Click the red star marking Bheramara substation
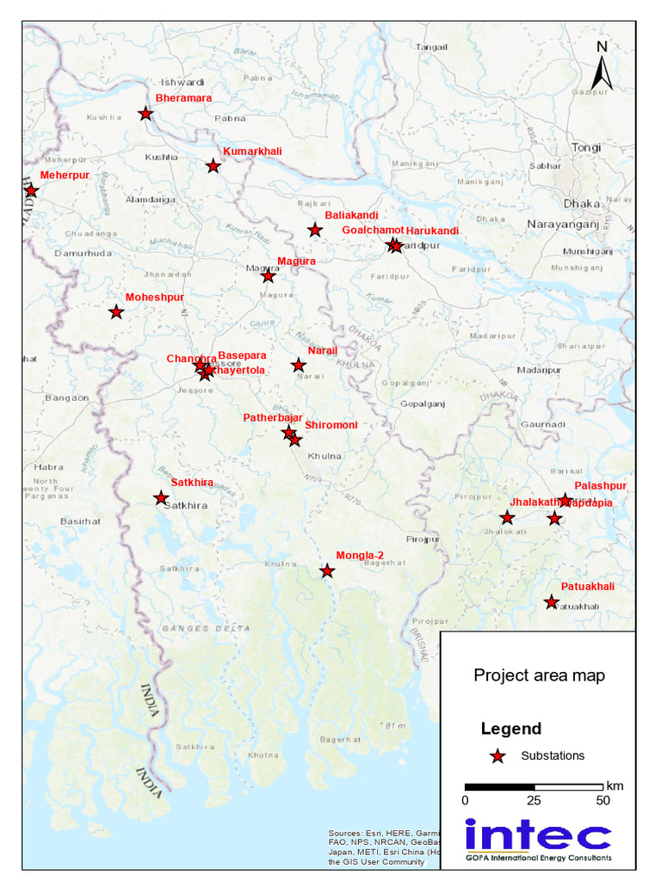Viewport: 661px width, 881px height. [145, 114]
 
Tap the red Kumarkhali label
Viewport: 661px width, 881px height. [252, 151]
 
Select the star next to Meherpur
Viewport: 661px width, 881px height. [31, 190]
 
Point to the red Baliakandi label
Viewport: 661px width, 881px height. [351, 215]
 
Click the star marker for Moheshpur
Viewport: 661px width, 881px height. [116, 312]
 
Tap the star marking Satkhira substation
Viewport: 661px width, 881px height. [161, 498]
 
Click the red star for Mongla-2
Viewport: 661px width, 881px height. [327, 571]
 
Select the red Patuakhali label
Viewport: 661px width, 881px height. [588, 587]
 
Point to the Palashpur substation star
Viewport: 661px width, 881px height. [565, 501]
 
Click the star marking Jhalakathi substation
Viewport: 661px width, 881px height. [507, 518]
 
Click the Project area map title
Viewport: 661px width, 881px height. [539, 675]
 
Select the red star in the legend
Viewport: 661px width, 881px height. [497, 756]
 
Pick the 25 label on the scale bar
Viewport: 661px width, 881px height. [534, 801]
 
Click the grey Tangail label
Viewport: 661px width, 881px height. [431, 47]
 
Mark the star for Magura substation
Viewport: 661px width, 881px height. [268, 276]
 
